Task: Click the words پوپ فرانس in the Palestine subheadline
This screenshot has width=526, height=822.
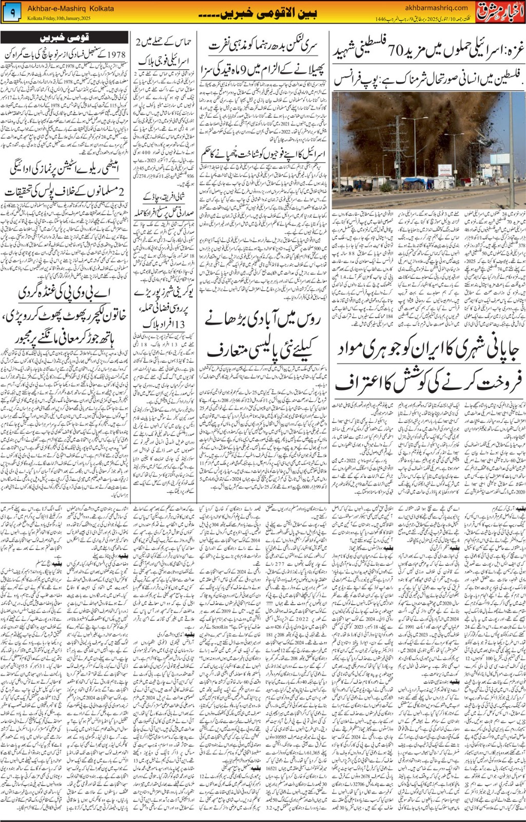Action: pyautogui.click(x=355, y=81)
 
